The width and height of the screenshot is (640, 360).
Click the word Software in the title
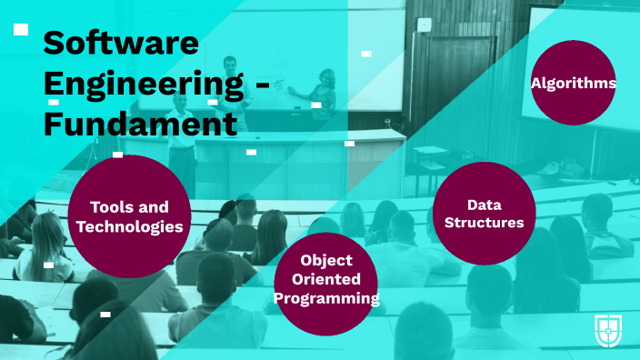pyautogui.click(x=121, y=43)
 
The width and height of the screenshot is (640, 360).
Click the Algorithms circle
pyautogui.click(x=574, y=84)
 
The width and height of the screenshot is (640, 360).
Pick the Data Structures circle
pyautogui.click(x=484, y=214)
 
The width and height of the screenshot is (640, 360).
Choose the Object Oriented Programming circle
pyautogui.click(x=326, y=279)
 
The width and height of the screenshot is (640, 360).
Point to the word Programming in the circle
pyautogui.click(x=326, y=297)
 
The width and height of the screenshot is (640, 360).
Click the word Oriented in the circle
pyautogui.click(x=326, y=279)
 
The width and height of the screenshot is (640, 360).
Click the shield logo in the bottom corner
pyautogui.click(x=608, y=329)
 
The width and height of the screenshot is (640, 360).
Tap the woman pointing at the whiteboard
pyautogui.click(x=323, y=95)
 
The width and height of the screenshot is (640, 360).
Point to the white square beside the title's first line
pyautogui.click(x=21, y=30)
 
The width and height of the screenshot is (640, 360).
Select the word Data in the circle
pyautogui.click(x=484, y=205)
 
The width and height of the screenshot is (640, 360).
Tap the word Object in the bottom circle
pyautogui.click(x=326, y=261)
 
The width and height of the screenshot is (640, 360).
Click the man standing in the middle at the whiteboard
pyautogui.click(x=230, y=86)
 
